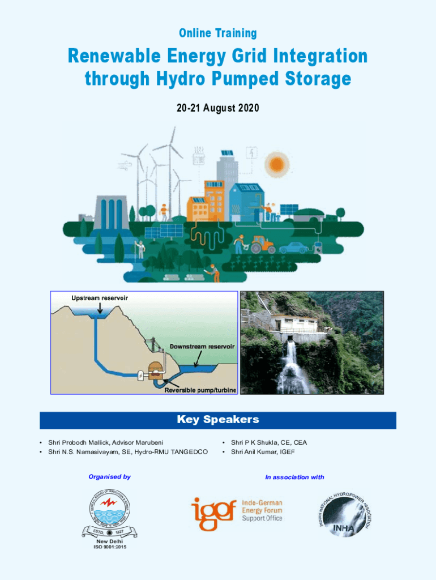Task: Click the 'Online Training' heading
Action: (x=218, y=33)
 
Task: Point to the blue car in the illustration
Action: (x=294, y=248)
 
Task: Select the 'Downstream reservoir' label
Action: (x=202, y=346)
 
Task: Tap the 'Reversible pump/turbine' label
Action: (x=200, y=390)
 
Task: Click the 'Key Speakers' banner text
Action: (x=218, y=420)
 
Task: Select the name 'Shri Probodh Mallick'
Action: (x=79, y=442)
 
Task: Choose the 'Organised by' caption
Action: (x=109, y=477)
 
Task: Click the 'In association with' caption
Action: (x=294, y=477)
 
